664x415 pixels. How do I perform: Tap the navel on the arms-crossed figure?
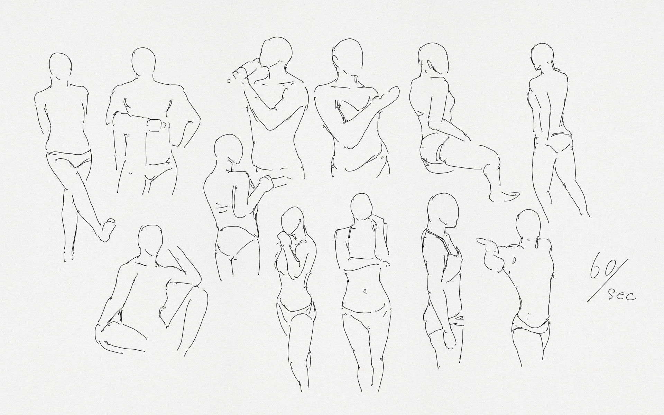pos(365,292)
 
